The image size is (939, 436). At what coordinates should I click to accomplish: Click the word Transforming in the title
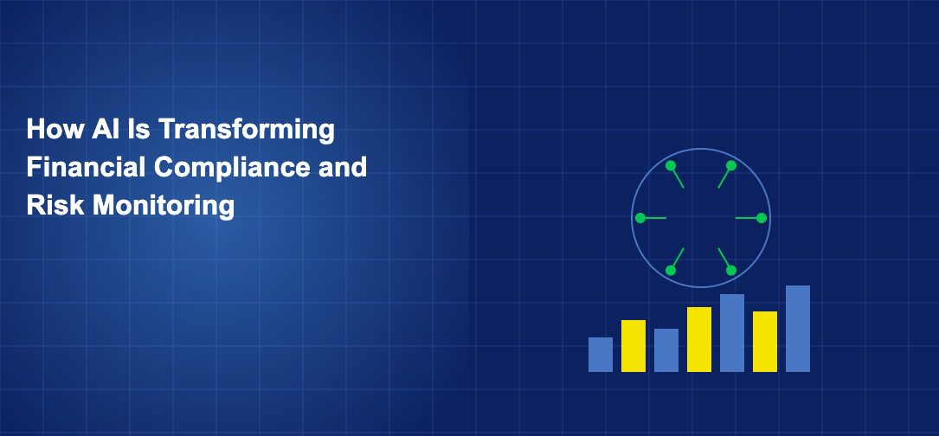[246, 130]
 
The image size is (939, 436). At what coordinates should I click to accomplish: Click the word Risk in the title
[56, 205]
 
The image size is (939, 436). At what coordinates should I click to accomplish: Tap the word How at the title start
[55, 129]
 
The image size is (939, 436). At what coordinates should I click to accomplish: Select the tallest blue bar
[798, 329]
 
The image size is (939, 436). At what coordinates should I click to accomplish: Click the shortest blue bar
[601, 355]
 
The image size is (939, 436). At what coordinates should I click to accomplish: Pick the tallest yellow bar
[699, 340]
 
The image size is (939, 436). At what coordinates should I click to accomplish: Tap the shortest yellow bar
[634, 346]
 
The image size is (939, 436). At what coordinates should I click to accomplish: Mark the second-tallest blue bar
[732, 333]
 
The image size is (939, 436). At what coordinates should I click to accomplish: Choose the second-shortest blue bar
[666, 350]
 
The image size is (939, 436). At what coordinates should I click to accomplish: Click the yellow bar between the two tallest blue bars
[765, 342]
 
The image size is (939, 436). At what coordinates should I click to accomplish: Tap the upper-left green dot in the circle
[671, 165]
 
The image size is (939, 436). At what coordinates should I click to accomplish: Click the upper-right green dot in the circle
[731, 165]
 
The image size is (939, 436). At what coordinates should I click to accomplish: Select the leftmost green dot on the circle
[640, 218]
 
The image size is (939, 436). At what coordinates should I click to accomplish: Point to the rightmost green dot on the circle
[762, 218]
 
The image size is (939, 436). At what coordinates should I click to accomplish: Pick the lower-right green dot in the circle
[731, 270]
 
